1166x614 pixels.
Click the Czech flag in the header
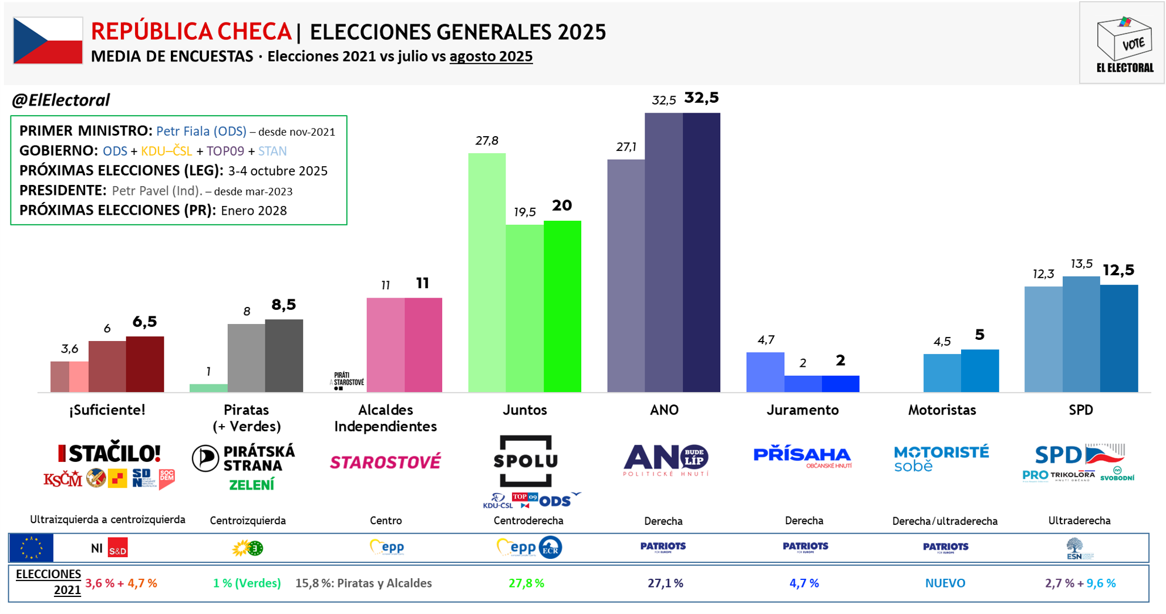point(48,41)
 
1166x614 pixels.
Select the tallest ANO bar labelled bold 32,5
point(701,252)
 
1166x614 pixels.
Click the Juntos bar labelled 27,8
point(487,272)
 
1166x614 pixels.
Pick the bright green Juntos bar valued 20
point(562,306)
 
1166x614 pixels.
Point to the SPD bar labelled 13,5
point(1081,334)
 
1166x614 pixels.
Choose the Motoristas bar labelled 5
point(979,370)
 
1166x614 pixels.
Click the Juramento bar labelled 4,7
point(765,372)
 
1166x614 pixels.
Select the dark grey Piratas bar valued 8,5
point(284,355)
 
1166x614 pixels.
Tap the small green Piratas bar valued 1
point(208,388)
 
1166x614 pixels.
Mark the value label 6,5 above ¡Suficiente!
point(144,322)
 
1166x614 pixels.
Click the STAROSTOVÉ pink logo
point(385,462)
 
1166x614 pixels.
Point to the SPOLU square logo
point(525,461)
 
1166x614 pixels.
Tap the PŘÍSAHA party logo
point(802,456)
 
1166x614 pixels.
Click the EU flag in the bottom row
point(31,548)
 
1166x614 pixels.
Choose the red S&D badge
point(118,548)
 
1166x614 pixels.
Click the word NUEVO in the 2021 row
point(945,583)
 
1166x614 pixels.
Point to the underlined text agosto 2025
point(491,56)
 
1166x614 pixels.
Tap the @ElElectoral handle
point(60,100)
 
